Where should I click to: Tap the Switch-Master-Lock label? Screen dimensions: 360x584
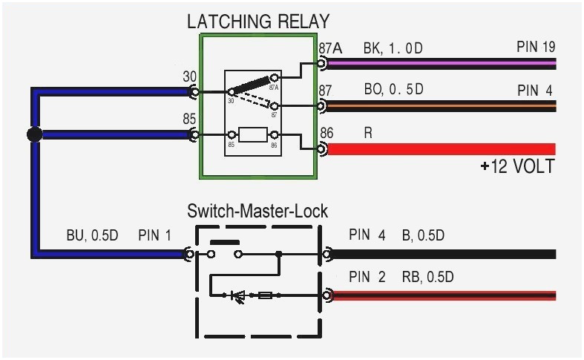(257, 211)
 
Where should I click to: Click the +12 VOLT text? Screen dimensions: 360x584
(516, 167)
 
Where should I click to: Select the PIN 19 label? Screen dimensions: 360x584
(536, 48)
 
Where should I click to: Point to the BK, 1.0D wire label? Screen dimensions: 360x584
(393, 48)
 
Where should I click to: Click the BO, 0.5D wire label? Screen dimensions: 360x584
(393, 90)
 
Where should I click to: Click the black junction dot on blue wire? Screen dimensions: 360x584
(33, 134)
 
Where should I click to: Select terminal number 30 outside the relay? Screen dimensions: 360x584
(190, 76)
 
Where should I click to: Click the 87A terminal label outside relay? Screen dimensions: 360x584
(330, 48)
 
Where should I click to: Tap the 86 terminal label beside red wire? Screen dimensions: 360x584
(327, 133)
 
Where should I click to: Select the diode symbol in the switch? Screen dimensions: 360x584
(239, 295)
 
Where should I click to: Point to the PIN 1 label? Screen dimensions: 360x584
(154, 236)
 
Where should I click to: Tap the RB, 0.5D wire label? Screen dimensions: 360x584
(427, 278)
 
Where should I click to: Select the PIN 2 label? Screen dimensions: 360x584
(367, 278)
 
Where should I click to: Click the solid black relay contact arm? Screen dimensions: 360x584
(252, 84)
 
